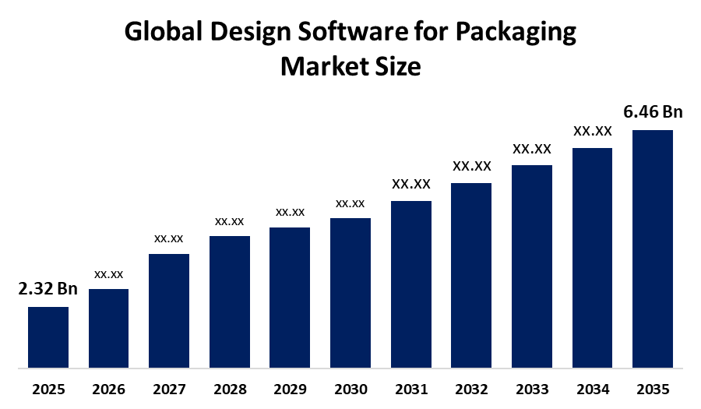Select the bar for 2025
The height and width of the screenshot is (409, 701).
48,337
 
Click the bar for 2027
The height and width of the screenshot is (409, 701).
169,311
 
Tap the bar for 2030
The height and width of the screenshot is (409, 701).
350,293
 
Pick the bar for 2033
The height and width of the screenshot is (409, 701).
532,266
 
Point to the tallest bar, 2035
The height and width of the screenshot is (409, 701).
653,249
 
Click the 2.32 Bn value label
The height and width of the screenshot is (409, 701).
48,289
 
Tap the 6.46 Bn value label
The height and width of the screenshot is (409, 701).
653,111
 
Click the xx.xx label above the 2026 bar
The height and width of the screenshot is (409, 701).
108,274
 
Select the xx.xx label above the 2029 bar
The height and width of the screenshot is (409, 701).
291,213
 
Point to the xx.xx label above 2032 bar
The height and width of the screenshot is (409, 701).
472,166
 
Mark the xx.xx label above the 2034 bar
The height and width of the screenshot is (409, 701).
593,131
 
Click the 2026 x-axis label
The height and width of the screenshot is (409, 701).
108,390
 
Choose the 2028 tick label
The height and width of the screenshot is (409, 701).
230,390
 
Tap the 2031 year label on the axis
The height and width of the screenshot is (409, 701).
411,390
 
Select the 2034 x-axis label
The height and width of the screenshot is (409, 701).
593,390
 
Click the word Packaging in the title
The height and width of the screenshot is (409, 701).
516,33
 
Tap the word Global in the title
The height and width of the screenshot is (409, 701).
164,32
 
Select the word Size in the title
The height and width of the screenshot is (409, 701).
395,66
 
